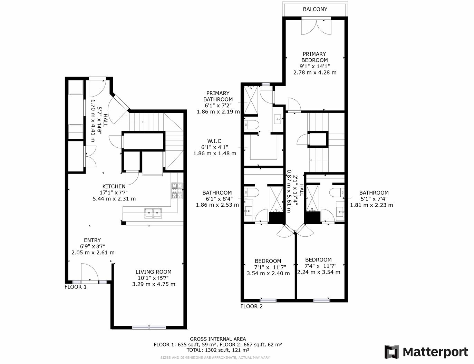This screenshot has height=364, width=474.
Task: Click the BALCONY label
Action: point(315,9)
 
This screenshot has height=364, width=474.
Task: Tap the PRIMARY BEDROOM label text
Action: point(315,57)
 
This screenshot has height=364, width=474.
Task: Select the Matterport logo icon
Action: point(391,352)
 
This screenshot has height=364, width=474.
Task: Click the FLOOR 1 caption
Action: point(76,287)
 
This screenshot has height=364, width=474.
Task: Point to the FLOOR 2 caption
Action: point(251,306)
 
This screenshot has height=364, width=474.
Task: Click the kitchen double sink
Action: point(153,213)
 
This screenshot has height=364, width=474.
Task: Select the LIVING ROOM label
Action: point(153,272)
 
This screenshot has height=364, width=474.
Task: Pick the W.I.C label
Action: point(214,141)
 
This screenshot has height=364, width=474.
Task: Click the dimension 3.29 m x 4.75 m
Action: point(154,284)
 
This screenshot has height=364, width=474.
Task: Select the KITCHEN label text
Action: point(114,186)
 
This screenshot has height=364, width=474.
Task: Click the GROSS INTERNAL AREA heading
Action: point(218,339)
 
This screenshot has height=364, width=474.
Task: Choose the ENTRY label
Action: point(93,240)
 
